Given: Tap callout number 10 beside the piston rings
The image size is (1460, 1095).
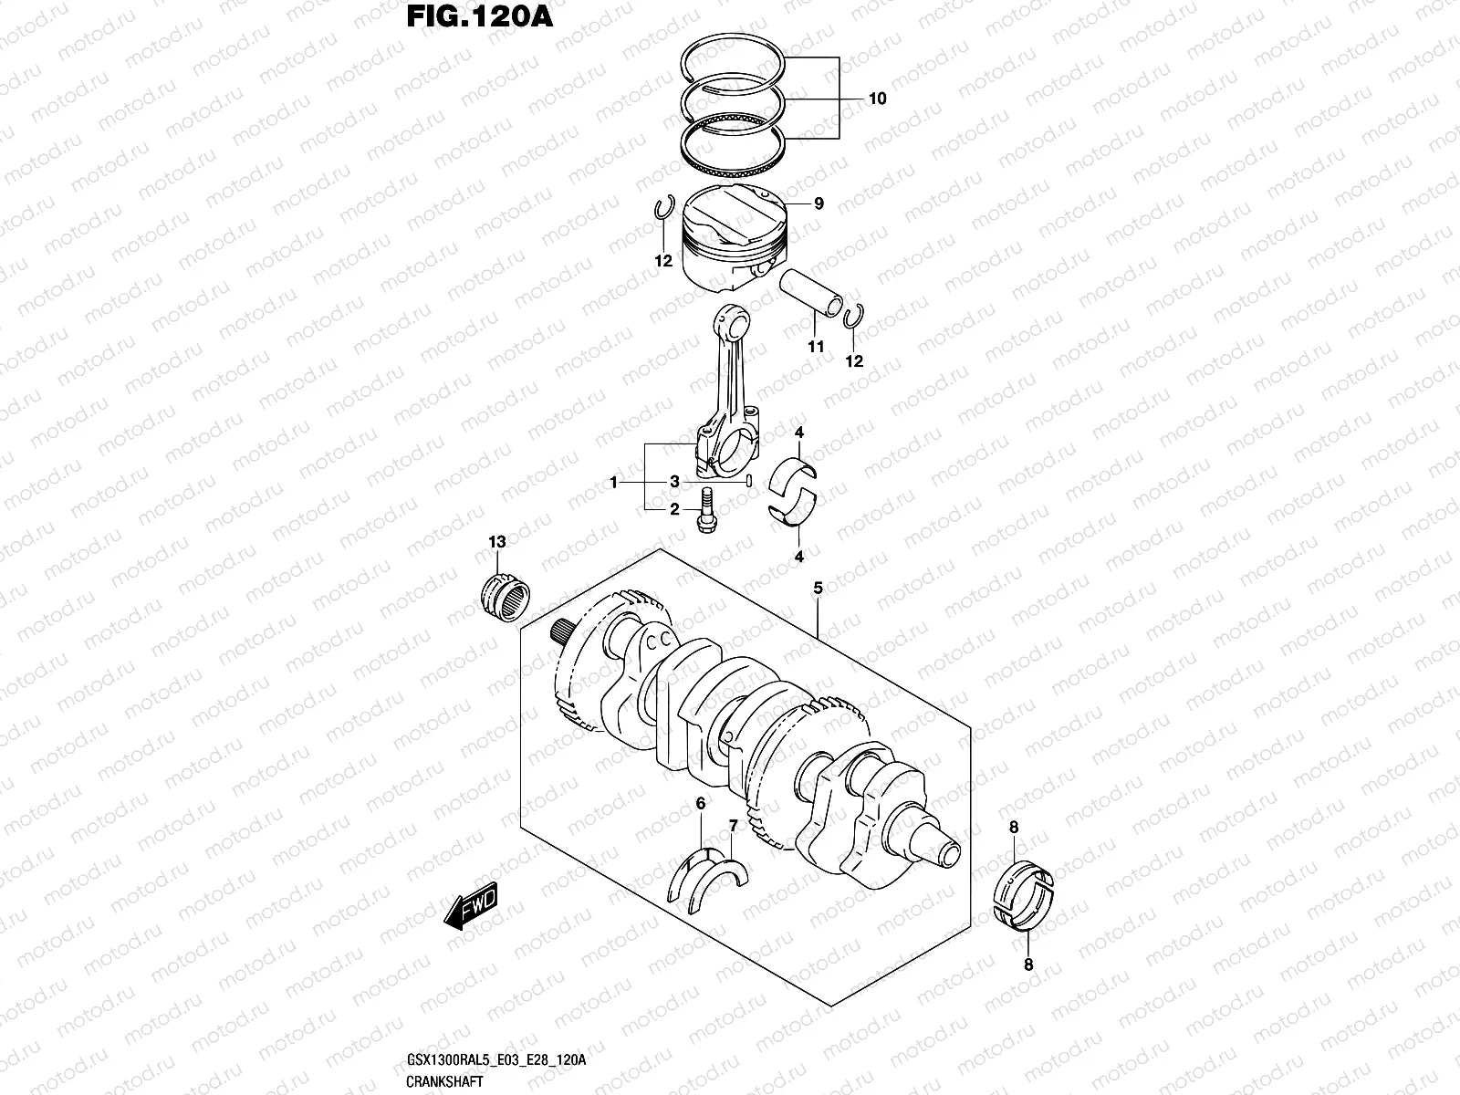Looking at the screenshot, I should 877,99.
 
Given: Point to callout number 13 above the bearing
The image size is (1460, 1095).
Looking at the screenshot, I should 496,542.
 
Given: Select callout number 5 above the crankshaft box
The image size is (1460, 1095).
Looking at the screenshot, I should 818,589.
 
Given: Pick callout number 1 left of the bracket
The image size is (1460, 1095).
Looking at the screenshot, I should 614,481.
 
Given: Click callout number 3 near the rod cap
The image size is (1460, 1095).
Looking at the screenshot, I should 674,481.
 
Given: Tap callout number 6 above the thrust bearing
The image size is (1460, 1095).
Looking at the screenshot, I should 701,804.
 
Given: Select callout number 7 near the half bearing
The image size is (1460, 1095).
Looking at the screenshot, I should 732,826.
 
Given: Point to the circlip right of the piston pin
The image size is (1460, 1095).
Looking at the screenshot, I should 854,315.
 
